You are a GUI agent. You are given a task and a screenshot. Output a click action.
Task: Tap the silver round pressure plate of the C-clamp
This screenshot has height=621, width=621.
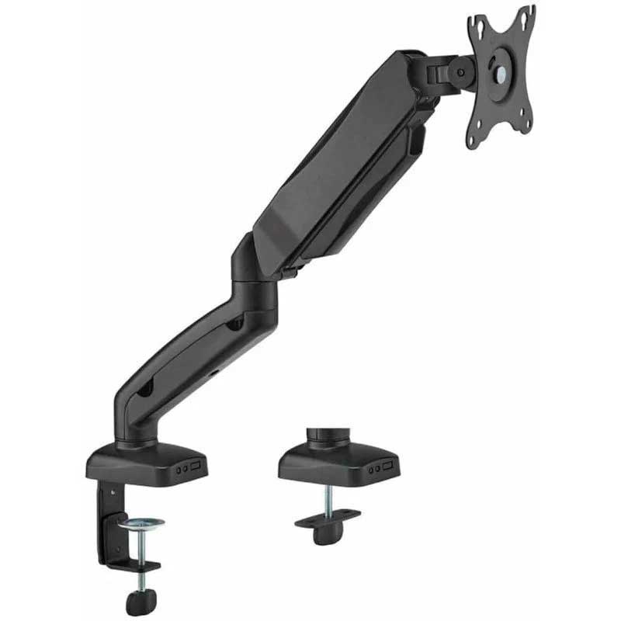coord(141,522)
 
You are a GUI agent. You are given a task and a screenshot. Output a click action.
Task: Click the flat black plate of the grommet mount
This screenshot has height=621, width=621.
coord(327,518)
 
